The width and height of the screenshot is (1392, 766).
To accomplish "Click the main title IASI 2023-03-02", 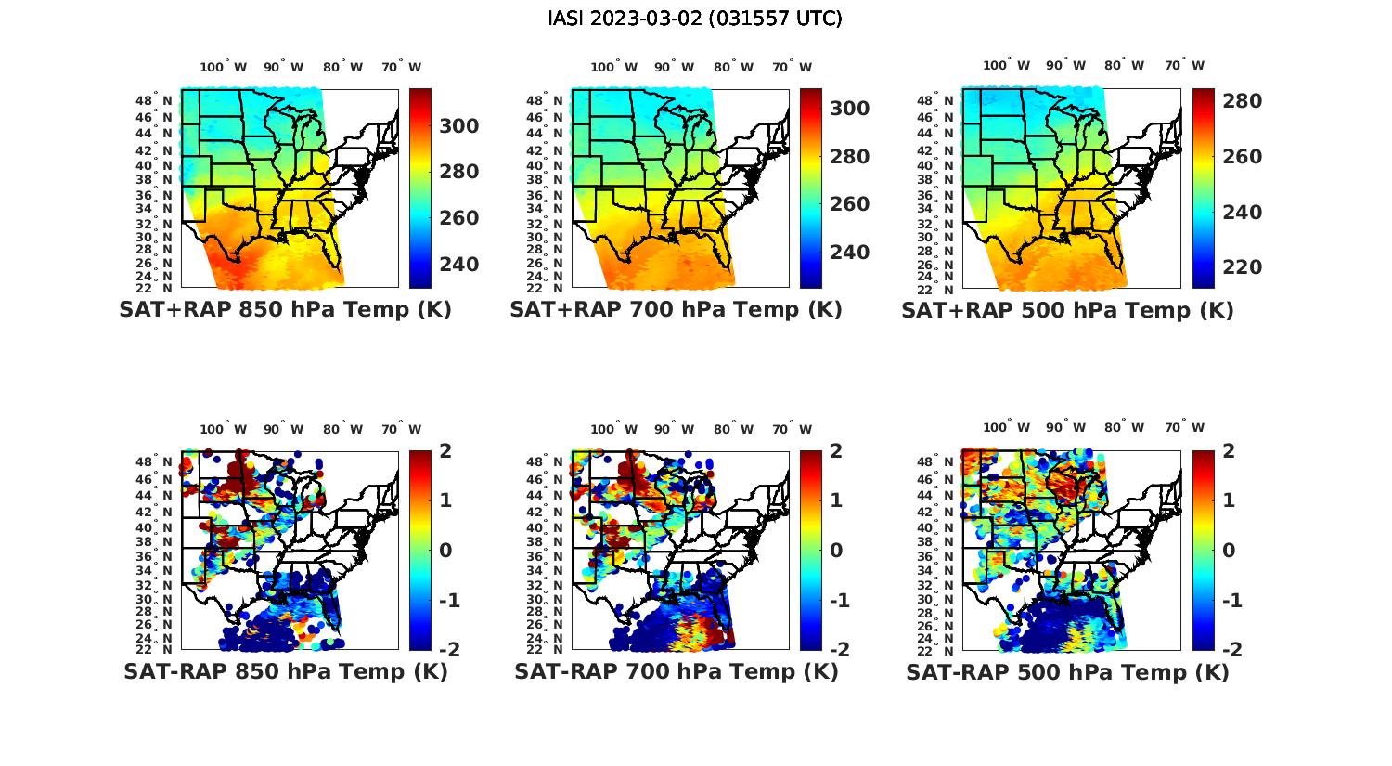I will [x=695, y=19].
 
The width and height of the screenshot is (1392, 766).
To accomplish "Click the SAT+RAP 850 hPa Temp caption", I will [x=285, y=310].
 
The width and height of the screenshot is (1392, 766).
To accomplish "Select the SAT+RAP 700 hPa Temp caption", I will [x=676, y=310].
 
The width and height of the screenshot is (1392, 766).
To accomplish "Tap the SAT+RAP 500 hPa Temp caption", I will [x=1067, y=310].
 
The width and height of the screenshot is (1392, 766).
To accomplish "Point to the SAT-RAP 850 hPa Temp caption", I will [x=285, y=671].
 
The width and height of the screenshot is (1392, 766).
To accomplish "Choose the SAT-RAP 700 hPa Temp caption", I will [x=677, y=671].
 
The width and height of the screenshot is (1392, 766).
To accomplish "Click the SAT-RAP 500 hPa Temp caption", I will [x=1067, y=671].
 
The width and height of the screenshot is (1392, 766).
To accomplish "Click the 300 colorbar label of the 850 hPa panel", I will [x=459, y=126].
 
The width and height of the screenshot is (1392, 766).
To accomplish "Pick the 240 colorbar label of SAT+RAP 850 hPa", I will [x=459, y=265].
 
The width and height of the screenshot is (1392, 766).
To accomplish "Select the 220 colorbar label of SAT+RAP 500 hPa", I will [x=1242, y=267].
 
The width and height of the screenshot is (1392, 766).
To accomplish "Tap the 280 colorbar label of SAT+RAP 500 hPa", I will [x=1242, y=101].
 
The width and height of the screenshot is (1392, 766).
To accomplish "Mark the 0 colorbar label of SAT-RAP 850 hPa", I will [x=445, y=551].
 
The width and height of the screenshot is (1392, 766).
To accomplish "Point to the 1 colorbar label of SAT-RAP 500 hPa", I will [x=1229, y=500].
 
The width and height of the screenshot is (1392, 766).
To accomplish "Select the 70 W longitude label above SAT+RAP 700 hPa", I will [x=792, y=67].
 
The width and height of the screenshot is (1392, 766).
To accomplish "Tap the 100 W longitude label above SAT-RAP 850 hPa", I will [x=224, y=429].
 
